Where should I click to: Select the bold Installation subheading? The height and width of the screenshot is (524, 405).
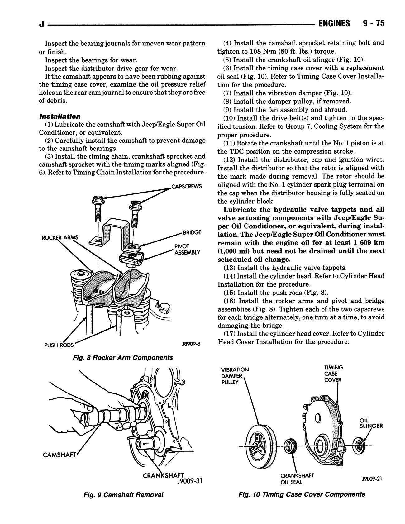pos(60,117)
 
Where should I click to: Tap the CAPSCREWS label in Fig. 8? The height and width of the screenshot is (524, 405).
pos(186,187)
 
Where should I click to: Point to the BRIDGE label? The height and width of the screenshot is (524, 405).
pos(192,232)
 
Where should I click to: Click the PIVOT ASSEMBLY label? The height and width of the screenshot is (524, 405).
pos(187,249)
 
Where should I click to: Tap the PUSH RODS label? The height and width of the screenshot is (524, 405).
pos(59,345)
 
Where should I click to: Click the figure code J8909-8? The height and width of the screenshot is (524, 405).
pos(190,344)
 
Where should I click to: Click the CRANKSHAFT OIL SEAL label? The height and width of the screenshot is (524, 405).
pos(297,479)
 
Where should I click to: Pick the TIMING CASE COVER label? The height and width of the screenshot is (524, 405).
pos(333,374)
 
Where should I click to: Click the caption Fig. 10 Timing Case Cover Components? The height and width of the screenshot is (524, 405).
pos(302,494)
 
